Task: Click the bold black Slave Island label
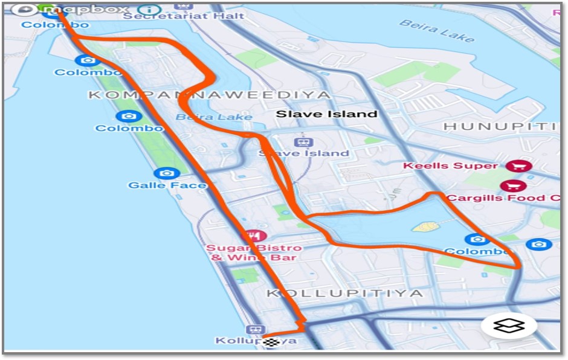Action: tap(326, 114)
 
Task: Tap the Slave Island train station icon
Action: tap(303, 143)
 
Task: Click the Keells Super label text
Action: tap(450, 166)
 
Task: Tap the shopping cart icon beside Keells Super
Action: tap(517, 166)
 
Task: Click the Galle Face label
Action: tap(167, 185)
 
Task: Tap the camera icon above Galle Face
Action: tap(167, 173)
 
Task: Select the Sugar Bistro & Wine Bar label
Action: tap(253, 252)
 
